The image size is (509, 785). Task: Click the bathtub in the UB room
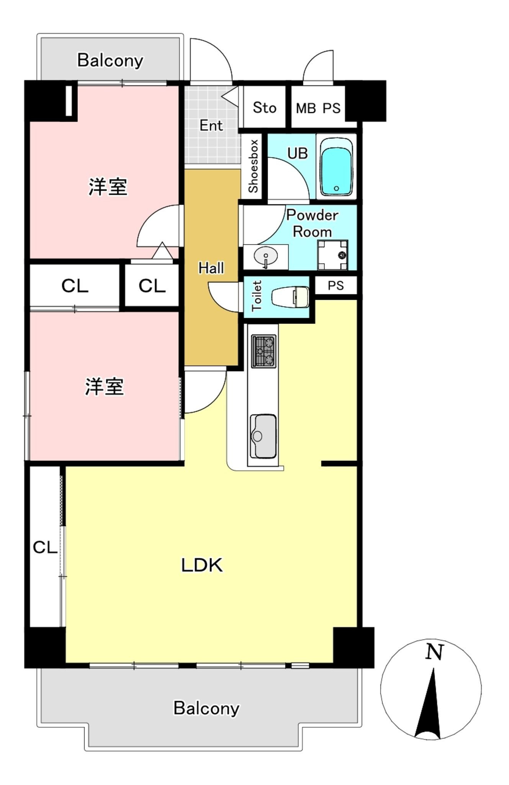336,167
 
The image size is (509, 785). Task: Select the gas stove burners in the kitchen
264,351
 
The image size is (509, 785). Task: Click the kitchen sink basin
263,436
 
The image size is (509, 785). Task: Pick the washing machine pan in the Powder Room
332,255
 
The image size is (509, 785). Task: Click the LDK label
202,565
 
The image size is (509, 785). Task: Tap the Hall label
211,268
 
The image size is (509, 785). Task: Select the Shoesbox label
254,166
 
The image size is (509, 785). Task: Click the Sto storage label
264,108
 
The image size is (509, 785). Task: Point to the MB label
306,108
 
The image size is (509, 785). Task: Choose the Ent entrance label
211,125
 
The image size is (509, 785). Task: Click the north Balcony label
110,61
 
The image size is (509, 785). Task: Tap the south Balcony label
206,708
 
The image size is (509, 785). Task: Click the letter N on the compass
434,652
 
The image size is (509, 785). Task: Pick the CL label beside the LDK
45,547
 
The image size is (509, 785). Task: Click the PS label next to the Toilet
336,286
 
